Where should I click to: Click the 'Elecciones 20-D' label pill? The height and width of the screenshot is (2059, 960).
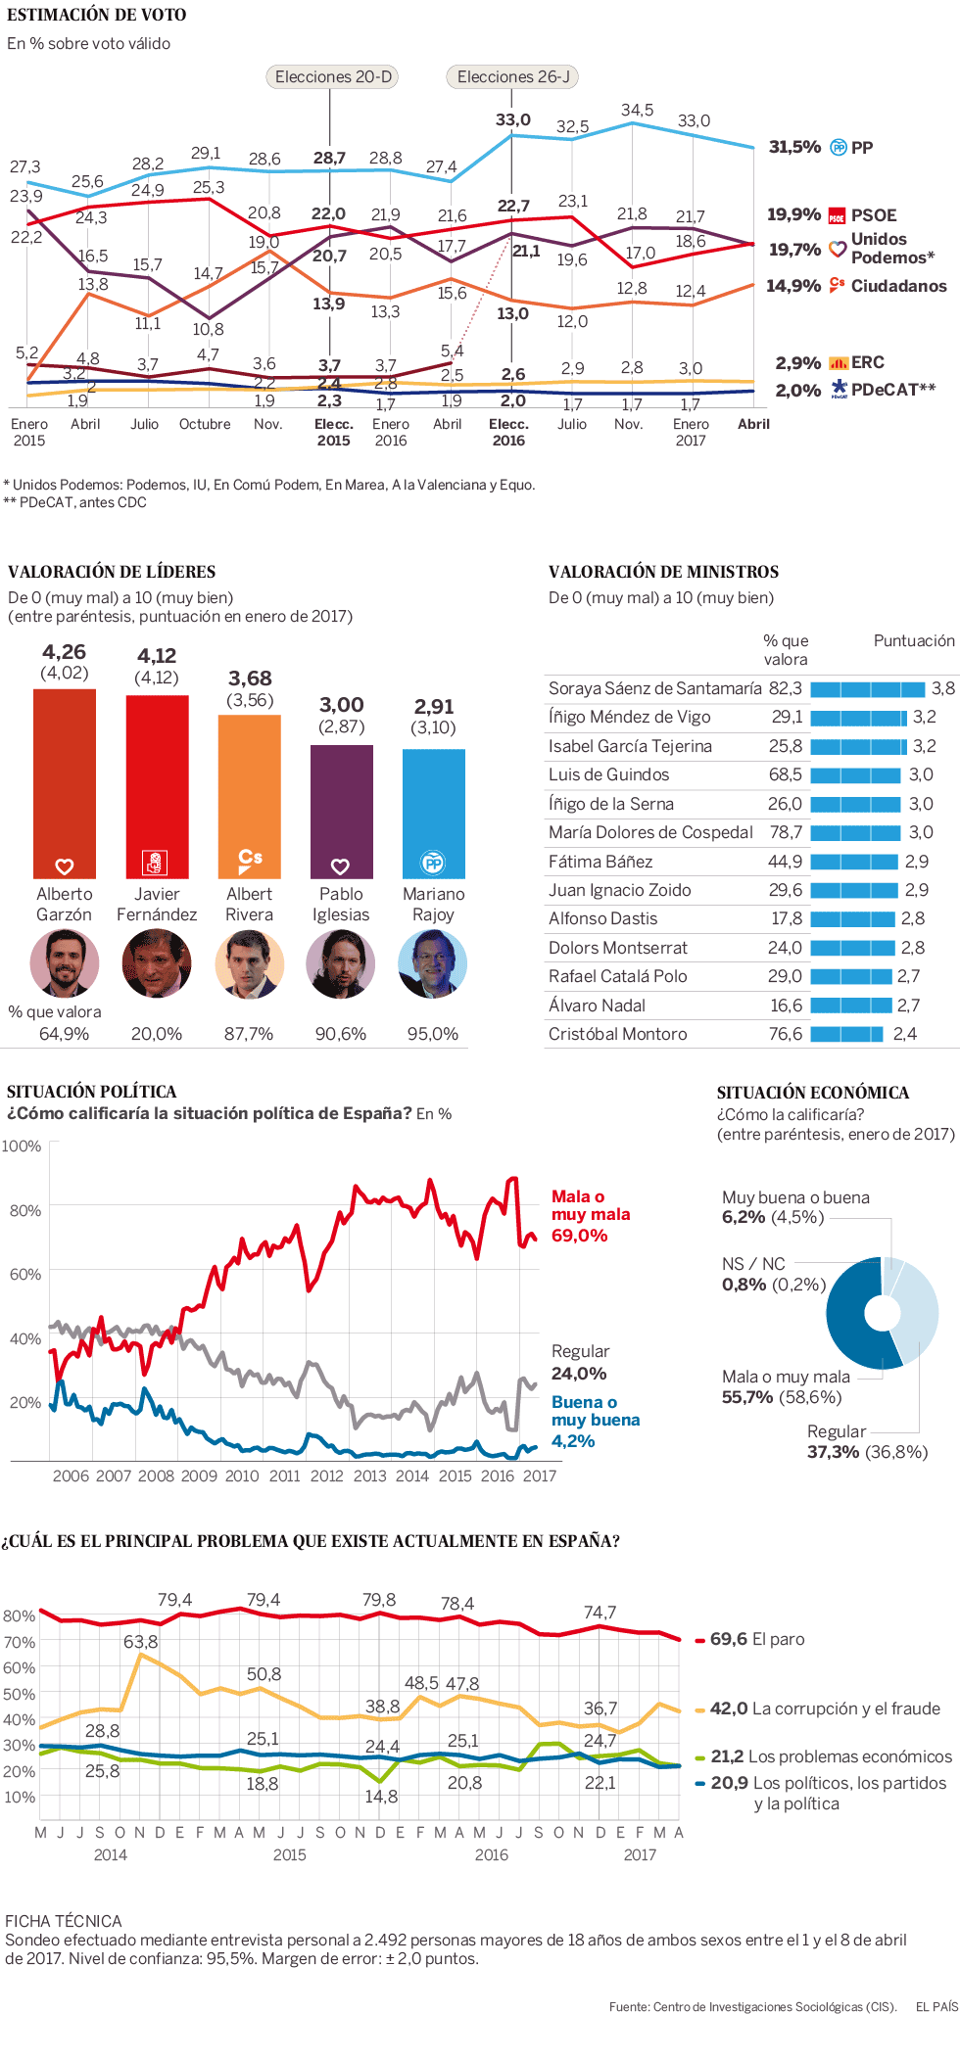pyautogui.click(x=333, y=76)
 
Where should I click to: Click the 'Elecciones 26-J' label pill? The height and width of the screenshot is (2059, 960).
pyautogui.click(x=512, y=76)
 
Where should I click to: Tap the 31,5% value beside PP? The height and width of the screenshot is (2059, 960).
pyautogui.click(x=794, y=147)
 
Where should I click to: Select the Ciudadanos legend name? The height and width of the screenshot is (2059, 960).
pyautogui.click(x=898, y=286)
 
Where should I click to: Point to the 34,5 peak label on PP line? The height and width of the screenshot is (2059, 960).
pyautogui.click(x=637, y=110)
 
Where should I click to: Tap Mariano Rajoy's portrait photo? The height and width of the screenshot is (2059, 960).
pyautogui.click(x=433, y=963)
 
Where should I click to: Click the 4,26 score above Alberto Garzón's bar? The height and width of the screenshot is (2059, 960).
pyautogui.click(x=65, y=652)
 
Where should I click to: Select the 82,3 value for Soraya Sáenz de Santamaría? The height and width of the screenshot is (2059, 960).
pyautogui.click(x=785, y=688)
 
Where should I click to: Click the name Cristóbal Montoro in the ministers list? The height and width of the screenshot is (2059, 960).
pyautogui.click(x=617, y=1034)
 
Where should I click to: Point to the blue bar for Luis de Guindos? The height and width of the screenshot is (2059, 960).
pyautogui.click(x=855, y=775)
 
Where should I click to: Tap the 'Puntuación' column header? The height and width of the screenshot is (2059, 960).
pyautogui.click(x=914, y=640)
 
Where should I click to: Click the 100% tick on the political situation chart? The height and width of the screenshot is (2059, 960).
pyautogui.click(x=22, y=1146)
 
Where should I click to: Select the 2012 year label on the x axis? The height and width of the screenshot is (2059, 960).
pyautogui.click(x=327, y=1475)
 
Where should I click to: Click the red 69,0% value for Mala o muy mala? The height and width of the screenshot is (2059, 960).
pyautogui.click(x=580, y=1236)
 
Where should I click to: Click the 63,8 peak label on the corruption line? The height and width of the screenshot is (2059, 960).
pyautogui.click(x=141, y=1641)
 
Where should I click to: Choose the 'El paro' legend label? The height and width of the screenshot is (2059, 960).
pyautogui.click(x=778, y=1639)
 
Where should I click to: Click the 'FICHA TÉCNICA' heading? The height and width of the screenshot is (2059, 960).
pyautogui.click(x=64, y=1921)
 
